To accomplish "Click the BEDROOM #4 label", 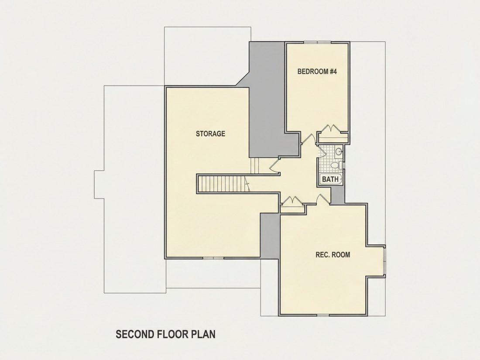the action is click(x=317, y=72).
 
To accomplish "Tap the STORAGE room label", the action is click(x=210, y=134).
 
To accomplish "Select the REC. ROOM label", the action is click(x=333, y=255).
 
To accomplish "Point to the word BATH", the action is click(x=330, y=179).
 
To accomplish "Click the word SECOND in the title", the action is click(x=135, y=334).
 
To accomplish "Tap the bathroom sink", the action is click(x=339, y=151).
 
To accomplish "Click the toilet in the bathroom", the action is click(x=336, y=165).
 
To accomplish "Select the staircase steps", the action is click(x=223, y=183).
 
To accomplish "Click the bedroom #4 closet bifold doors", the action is click(x=333, y=129).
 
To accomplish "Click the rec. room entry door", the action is click(x=323, y=199).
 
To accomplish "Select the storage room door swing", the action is click(x=274, y=165).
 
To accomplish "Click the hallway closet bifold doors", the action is click(x=292, y=201).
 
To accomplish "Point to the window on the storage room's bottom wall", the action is click(x=214, y=258).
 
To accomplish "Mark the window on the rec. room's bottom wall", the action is click(x=322, y=315).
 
